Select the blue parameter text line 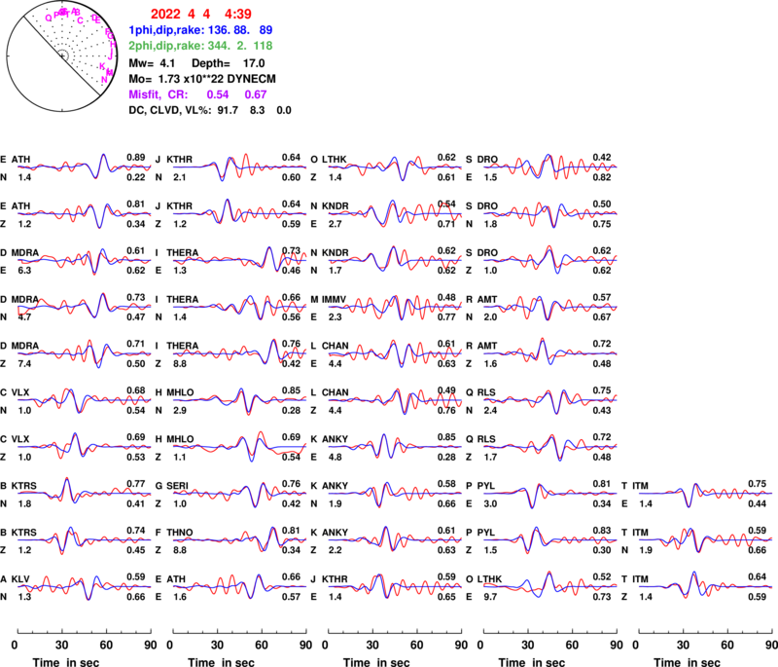coord(200,30)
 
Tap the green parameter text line coord(200,46)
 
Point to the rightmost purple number coord(256,95)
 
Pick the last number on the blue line coord(265,30)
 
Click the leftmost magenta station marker coord(48,18)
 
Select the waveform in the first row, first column coord(84,167)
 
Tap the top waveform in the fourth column coord(550,167)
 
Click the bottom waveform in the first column coord(84,586)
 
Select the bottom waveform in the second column coord(239,586)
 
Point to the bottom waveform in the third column coord(395,586)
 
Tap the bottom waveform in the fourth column coord(550,586)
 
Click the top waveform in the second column coord(239,167)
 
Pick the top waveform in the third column coord(395,167)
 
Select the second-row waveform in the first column coord(84,212)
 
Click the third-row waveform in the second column coord(239,259)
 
